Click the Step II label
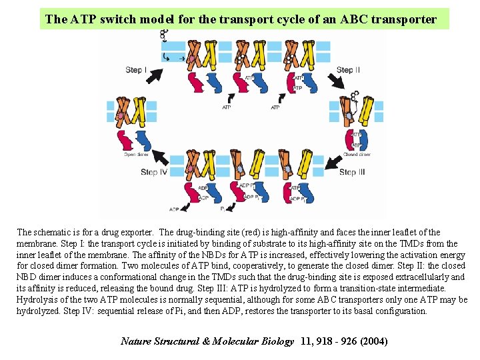click(348, 70)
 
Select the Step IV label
click(154, 173)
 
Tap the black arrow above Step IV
click(160, 158)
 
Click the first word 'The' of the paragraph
click(25, 233)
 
